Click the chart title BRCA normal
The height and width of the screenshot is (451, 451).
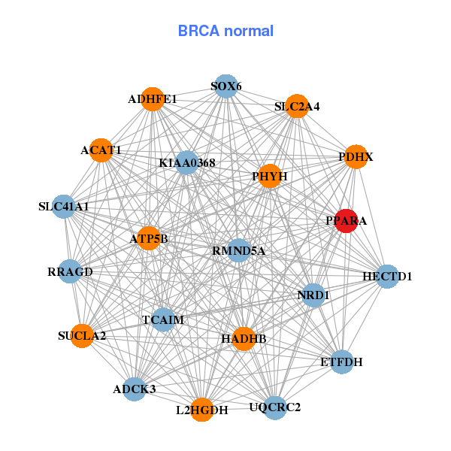[225, 31]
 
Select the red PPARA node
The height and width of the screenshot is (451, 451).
[345, 221]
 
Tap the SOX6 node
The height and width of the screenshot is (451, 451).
[226, 86]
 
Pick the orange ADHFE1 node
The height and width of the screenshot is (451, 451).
[153, 99]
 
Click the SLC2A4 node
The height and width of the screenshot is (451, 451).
[297, 106]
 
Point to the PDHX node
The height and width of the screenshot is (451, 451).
[356, 157]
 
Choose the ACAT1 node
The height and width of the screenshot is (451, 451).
[101, 150]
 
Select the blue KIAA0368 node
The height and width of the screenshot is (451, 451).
[187, 162]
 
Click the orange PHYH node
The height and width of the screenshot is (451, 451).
[269, 176]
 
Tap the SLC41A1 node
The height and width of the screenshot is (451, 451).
[64, 206]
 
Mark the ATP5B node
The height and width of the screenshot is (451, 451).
[149, 239]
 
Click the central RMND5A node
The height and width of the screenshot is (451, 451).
[238, 250]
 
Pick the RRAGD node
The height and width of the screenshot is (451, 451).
[70, 271]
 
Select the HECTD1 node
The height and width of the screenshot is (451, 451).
[387, 277]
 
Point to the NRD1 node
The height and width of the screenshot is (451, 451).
[313, 295]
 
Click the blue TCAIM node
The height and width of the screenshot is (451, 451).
[163, 320]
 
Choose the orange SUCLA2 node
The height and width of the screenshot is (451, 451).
[82, 335]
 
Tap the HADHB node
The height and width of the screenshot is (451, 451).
[244, 339]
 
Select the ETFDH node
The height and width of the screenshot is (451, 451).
[342, 362]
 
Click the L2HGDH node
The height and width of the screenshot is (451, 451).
[201, 410]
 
